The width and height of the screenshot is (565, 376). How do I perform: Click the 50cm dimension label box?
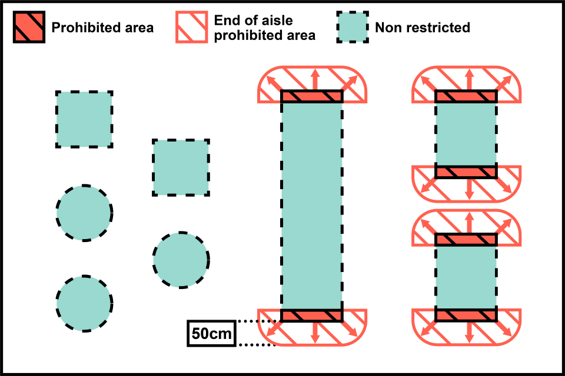click(211, 333)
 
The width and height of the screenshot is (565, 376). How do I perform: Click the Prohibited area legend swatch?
click(29, 27)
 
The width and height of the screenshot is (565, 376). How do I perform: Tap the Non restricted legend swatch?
click(353, 27)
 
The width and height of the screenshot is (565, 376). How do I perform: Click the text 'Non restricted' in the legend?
click(422, 27)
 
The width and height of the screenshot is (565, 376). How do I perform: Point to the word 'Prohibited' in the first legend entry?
click(80, 27)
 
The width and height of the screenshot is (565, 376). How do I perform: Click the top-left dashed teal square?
click(84, 119)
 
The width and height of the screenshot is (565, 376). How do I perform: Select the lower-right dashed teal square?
click(181, 167)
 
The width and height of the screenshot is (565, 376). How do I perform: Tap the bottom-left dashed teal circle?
click(84, 303)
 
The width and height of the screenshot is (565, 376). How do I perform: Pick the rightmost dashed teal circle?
click(181, 260)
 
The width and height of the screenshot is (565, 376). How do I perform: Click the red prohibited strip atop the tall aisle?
click(311, 96)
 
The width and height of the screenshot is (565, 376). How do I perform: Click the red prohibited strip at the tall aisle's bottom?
click(311, 315)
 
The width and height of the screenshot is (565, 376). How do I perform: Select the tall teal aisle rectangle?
click(311, 206)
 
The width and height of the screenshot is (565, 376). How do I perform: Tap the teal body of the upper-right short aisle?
click(466, 135)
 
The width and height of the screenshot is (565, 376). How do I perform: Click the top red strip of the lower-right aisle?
click(466, 240)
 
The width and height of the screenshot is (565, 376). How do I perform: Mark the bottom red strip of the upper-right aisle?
click(466, 172)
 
